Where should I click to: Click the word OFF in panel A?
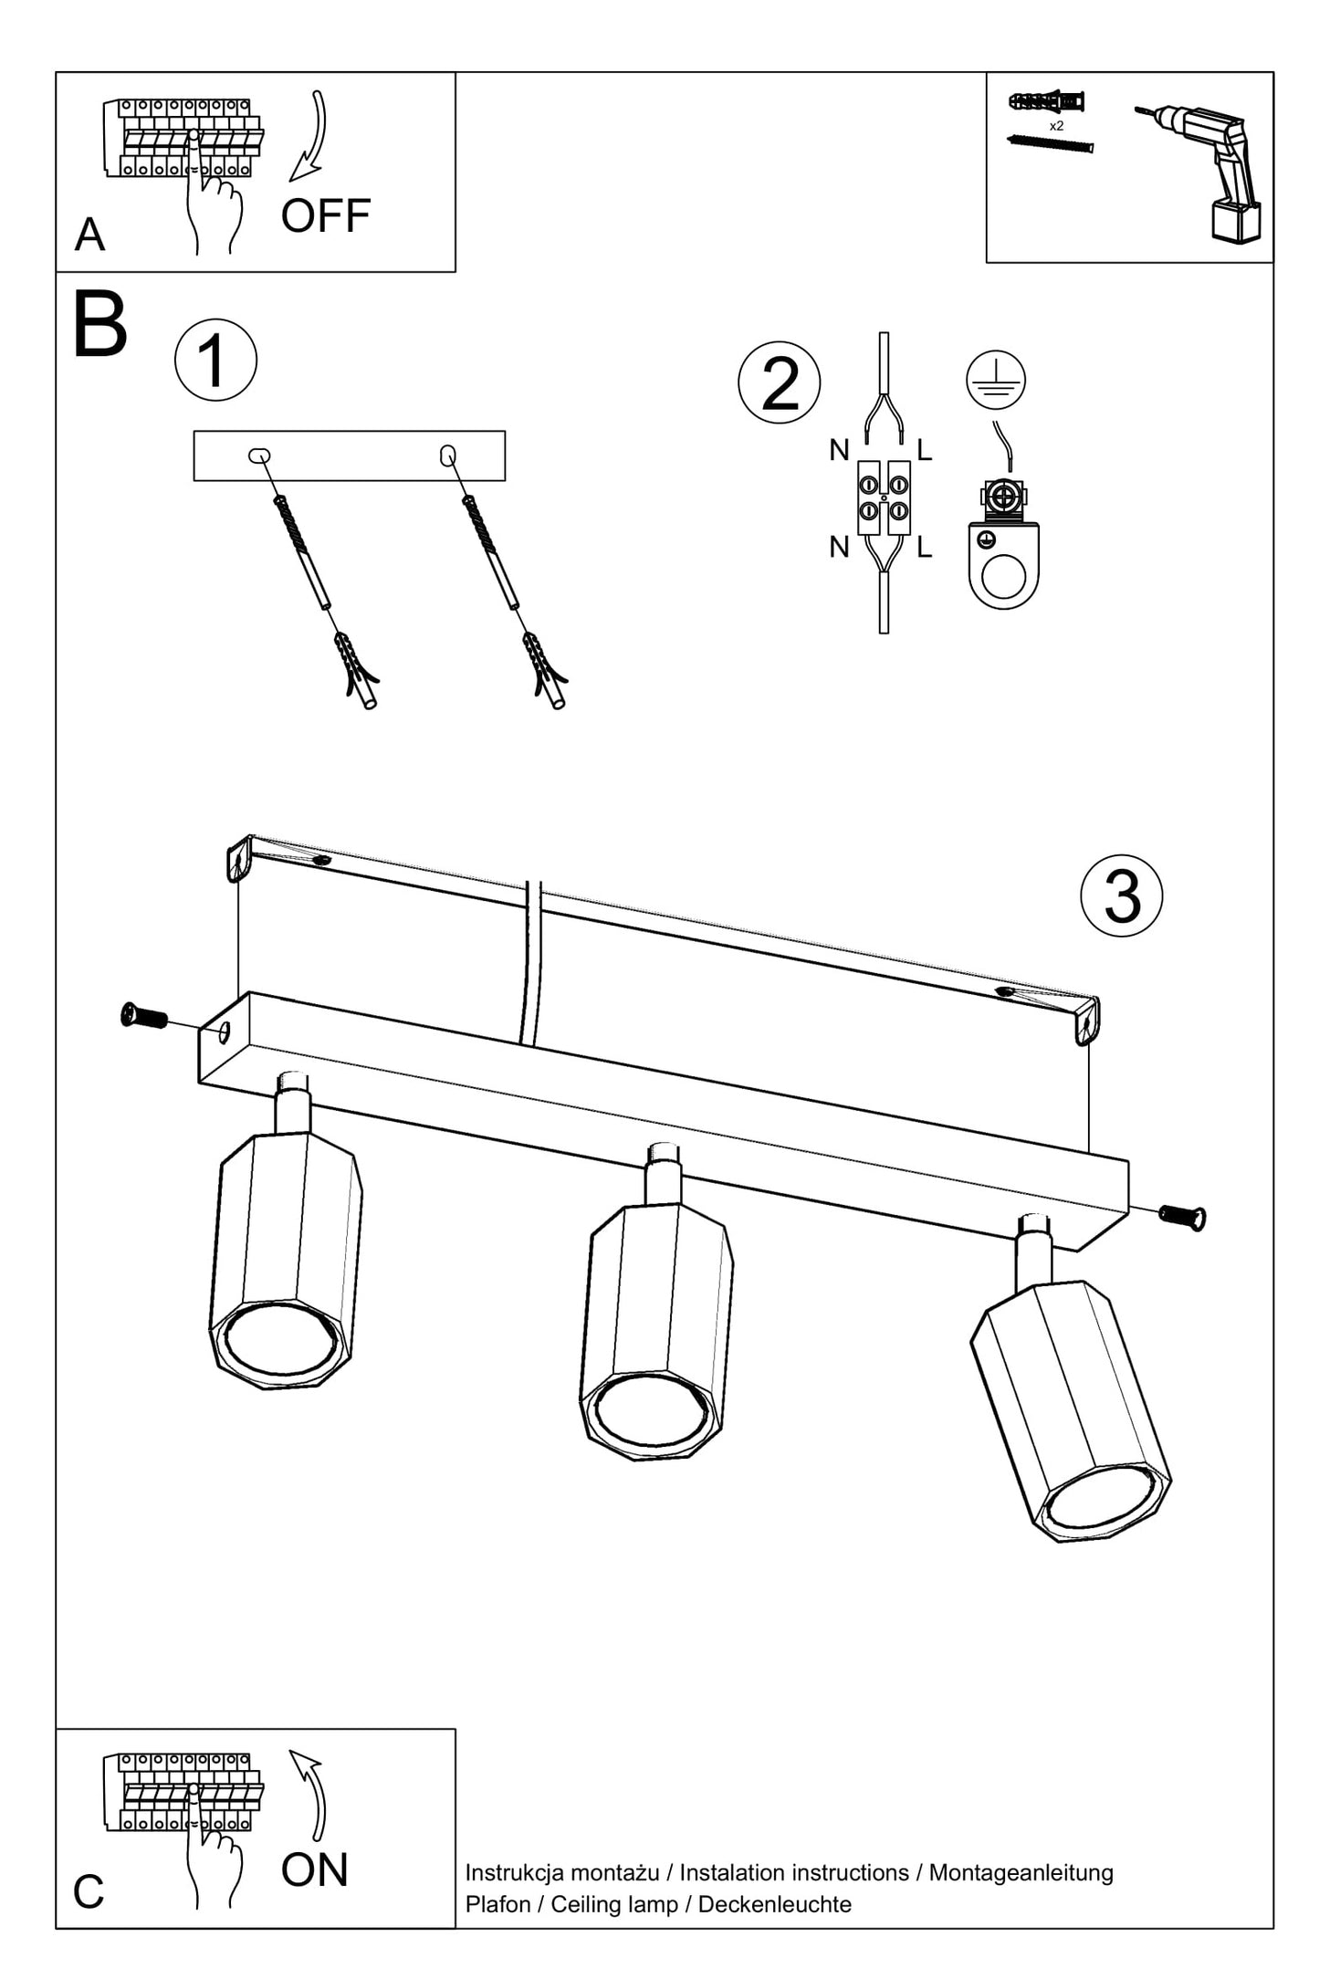pyautogui.click(x=325, y=216)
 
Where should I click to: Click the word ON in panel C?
pyautogui.click(x=314, y=1870)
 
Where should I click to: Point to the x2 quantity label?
pyautogui.click(x=1055, y=126)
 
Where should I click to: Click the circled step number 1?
pyautogui.click(x=215, y=361)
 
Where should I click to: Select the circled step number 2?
pyautogui.click(x=779, y=383)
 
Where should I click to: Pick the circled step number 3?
pyautogui.click(x=1121, y=895)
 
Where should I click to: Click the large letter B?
pyautogui.click(x=99, y=326)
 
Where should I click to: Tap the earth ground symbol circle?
pyautogui.click(x=996, y=379)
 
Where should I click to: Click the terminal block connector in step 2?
pyautogui.click(x=884, y=497)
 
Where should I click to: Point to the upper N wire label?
pyautogui.click(x=839, y=450)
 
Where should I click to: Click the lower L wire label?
pyautogui.click(x=924, y=548)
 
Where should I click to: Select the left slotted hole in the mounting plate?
pyautogui.click(x=260, y=455)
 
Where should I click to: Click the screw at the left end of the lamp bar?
pyautogui.click(x=144, y=1015)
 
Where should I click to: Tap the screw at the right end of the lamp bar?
pyautogui.click(x=1182, y=1215)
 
